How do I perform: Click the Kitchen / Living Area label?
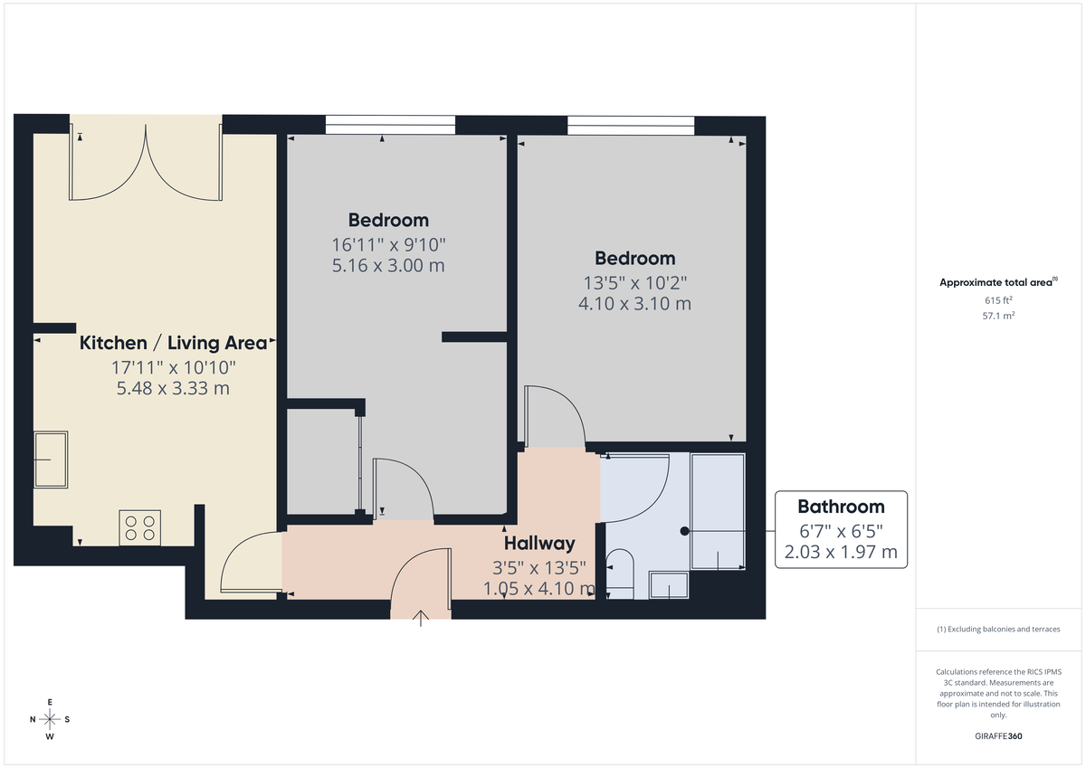pos(174,343)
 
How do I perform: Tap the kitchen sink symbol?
pos(51,460)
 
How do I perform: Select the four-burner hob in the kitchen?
pos(140,527)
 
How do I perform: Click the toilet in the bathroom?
pos(620,573)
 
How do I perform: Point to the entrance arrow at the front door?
pos(421,619)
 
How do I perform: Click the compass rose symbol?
pos(50,719)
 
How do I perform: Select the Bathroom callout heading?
pos(840,506)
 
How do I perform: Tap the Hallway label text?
pos(539,544)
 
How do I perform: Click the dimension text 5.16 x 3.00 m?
pos(388,266)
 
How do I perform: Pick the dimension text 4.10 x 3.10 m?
pos(634,304)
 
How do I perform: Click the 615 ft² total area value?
pos(998,300)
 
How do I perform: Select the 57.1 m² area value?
pos(998,316)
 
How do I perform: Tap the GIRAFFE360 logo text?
pos(998,736)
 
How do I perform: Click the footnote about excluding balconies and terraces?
pos(998,629)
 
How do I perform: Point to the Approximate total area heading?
pos(997,282)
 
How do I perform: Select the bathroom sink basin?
pos(669,586)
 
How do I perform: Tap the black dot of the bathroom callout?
pos(685,530)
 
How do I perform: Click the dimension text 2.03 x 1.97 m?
pos(840,551)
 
